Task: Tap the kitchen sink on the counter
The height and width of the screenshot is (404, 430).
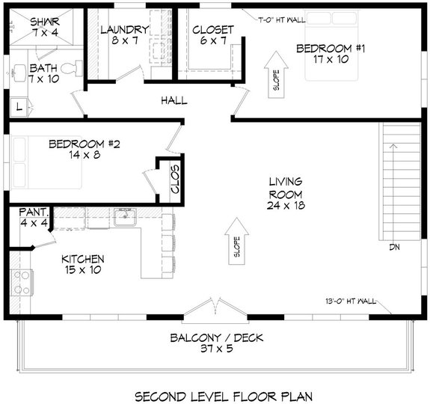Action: point(124,218)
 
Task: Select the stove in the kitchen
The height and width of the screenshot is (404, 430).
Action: point(20,283)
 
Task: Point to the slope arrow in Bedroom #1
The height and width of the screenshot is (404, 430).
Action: point(273,73)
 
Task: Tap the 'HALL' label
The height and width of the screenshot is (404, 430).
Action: point(173,100)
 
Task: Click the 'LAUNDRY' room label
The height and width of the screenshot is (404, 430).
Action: point(124,30)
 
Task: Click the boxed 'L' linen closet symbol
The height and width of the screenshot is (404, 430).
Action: point(19,107)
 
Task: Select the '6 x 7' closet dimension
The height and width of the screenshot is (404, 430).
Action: point(213,42)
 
